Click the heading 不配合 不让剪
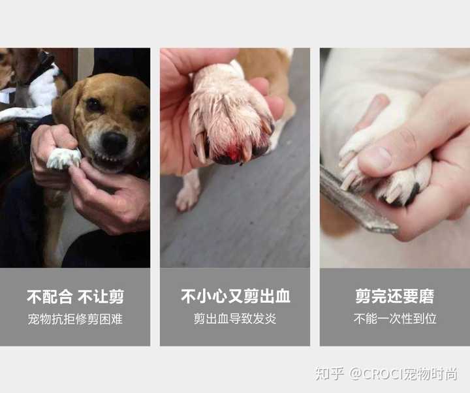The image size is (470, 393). [75, 297]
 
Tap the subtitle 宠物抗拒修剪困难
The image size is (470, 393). [75, 319]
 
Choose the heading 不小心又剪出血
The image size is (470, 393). [235, 297]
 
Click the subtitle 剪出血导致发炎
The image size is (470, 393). [235, 319]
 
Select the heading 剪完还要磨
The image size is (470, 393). [394, 297]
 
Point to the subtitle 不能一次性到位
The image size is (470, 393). [394, 319]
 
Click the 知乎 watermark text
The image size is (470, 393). [329, 374]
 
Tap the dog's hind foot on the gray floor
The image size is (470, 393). [188, 195]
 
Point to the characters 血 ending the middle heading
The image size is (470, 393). [282, 297]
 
